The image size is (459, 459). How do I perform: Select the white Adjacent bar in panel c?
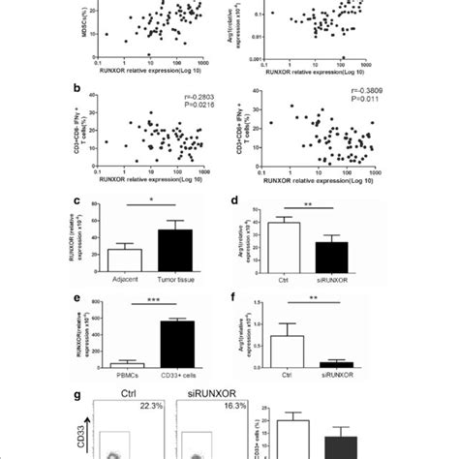(x=125, y=259)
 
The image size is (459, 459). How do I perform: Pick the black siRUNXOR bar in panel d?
(x=338, y=257)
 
